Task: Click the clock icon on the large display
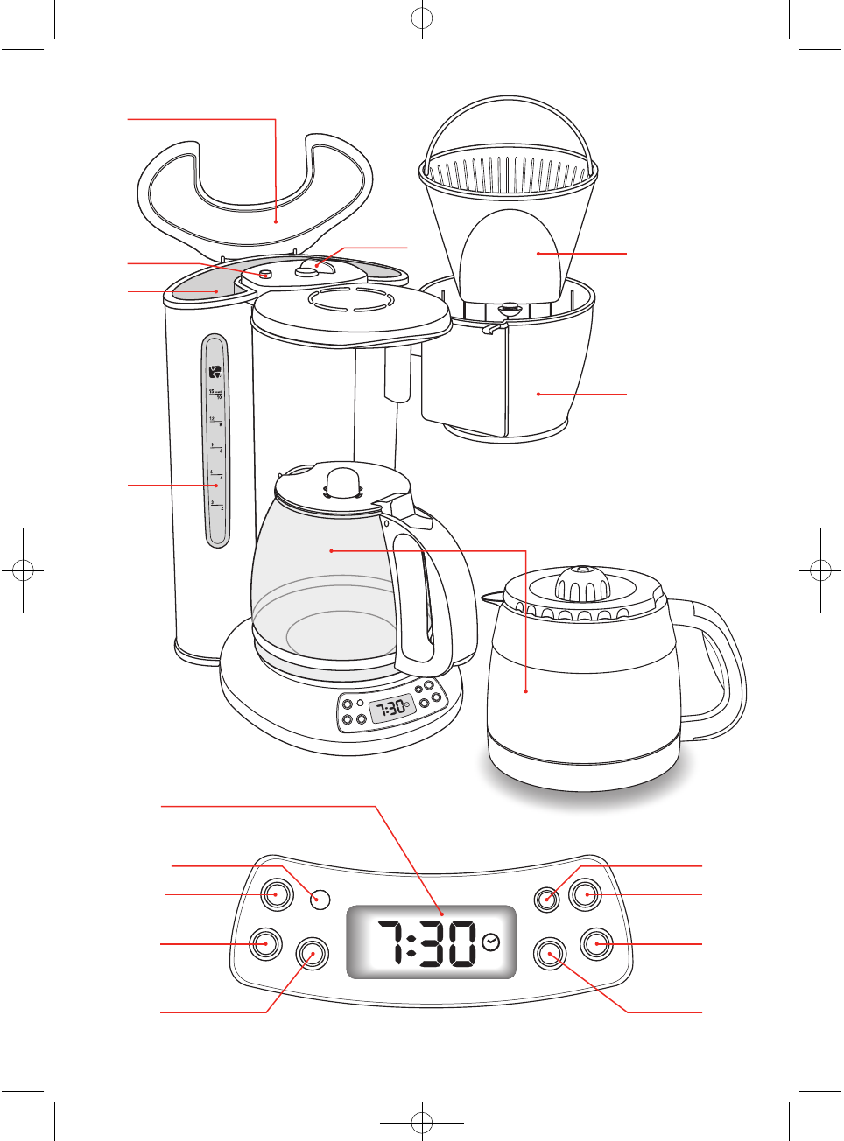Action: (x=491, y=941)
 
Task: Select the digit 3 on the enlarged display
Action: (x=434, y=943)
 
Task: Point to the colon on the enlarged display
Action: (x=411, y=943)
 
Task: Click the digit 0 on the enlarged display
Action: (x=462, y=943)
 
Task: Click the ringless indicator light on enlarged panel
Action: (x=321, y=899)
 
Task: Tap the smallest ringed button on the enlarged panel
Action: (x=547, y=899)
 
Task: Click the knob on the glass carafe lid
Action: (x=343, y=481)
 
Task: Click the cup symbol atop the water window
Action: (x=215, y=372)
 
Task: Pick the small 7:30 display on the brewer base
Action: (x=391, y=708)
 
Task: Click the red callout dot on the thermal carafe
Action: (x=526, y=691)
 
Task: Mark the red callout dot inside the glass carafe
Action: (x=331, y=550)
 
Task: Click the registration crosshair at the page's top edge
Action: (x=422, y=17)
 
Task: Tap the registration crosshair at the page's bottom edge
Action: (x=422, y=1122)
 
